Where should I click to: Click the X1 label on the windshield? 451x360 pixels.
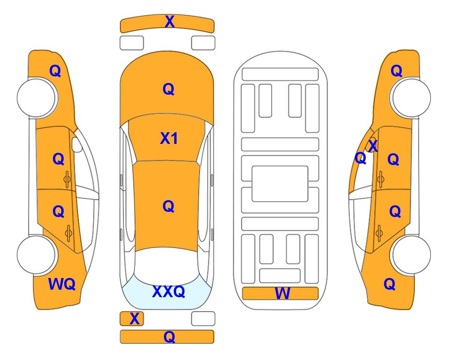pyautogui.click(x=169, y=138)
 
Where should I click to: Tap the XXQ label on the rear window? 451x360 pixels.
pyautogui.click(x=169, y=292)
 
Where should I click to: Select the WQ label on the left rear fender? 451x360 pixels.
pyautogui.click(x=62, y=284)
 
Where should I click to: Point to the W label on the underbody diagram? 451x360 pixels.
pyautogui.click(x=282, y=293)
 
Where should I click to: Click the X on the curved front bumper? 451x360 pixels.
pyautogui.click(x=170, y=22)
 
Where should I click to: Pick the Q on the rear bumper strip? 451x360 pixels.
pyautogui.click(x=169, y=337)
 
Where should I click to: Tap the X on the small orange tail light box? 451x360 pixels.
pyautogui.click(x=134, y=319)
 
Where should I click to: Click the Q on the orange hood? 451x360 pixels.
pyautogui.click(x=168, y=89)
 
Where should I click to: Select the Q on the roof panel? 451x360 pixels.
pyautogui.click(x=168, y=207)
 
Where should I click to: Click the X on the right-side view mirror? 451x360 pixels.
pyautogui.click(x=373, y=146)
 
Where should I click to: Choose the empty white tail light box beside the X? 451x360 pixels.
pyautogui.click(x=203, y=319)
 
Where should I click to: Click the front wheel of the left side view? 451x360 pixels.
pyautogui.click(x=37, y=97)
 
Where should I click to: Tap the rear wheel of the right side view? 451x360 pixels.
pyautogui.click(x=411, y=255)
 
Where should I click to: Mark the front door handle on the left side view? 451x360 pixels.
pyautogui.click(x=67, y=180)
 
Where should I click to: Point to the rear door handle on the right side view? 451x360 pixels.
pyautogui.click(x=379, y=233)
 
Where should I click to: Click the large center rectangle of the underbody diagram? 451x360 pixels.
pyautogui.click(x=280, y=184)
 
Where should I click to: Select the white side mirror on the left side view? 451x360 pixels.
pyautogui.click(x=77, y=144)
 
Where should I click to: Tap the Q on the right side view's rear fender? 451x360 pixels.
pyautogui.click(x=390, y=285)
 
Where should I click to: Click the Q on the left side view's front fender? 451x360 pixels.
pyautogui.click(x=55, y=71)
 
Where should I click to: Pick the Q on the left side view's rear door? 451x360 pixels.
pyautogui.click(x=59, y=212)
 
